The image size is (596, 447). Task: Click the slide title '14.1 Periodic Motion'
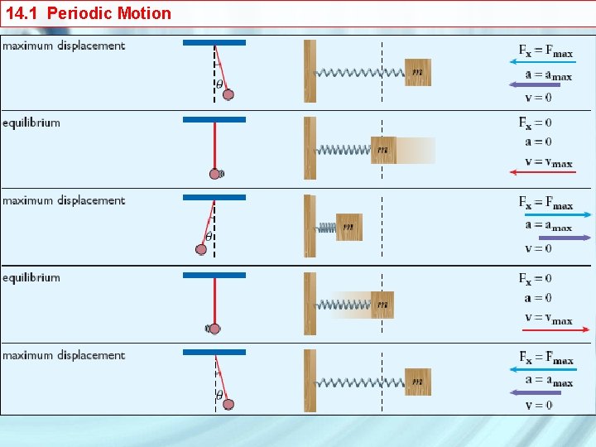tap(89, 13)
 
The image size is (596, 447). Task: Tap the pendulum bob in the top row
tap(228, 94)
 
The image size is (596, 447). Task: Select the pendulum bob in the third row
tap(201, 249)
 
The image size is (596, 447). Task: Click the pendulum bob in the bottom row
tap(228, 404)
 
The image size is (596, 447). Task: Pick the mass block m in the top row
tap(418, 72)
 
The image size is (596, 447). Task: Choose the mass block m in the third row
tap(348, 227)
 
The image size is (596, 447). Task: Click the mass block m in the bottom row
tap(418, 382)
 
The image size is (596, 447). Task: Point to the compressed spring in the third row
tap(326, 227)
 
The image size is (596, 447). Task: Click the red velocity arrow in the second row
tap(542, 172)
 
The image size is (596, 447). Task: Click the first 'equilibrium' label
tap(31, 123)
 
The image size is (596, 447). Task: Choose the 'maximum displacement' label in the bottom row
tap(64, 355)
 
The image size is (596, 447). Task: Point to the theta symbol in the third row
tap(209, 237)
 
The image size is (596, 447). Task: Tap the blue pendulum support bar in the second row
tap(214, 119)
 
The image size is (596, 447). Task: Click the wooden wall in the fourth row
tap(310, 304)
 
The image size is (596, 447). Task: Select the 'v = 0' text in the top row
tap(538, 98)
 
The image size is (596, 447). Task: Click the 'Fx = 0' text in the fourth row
tap(536, 279)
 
